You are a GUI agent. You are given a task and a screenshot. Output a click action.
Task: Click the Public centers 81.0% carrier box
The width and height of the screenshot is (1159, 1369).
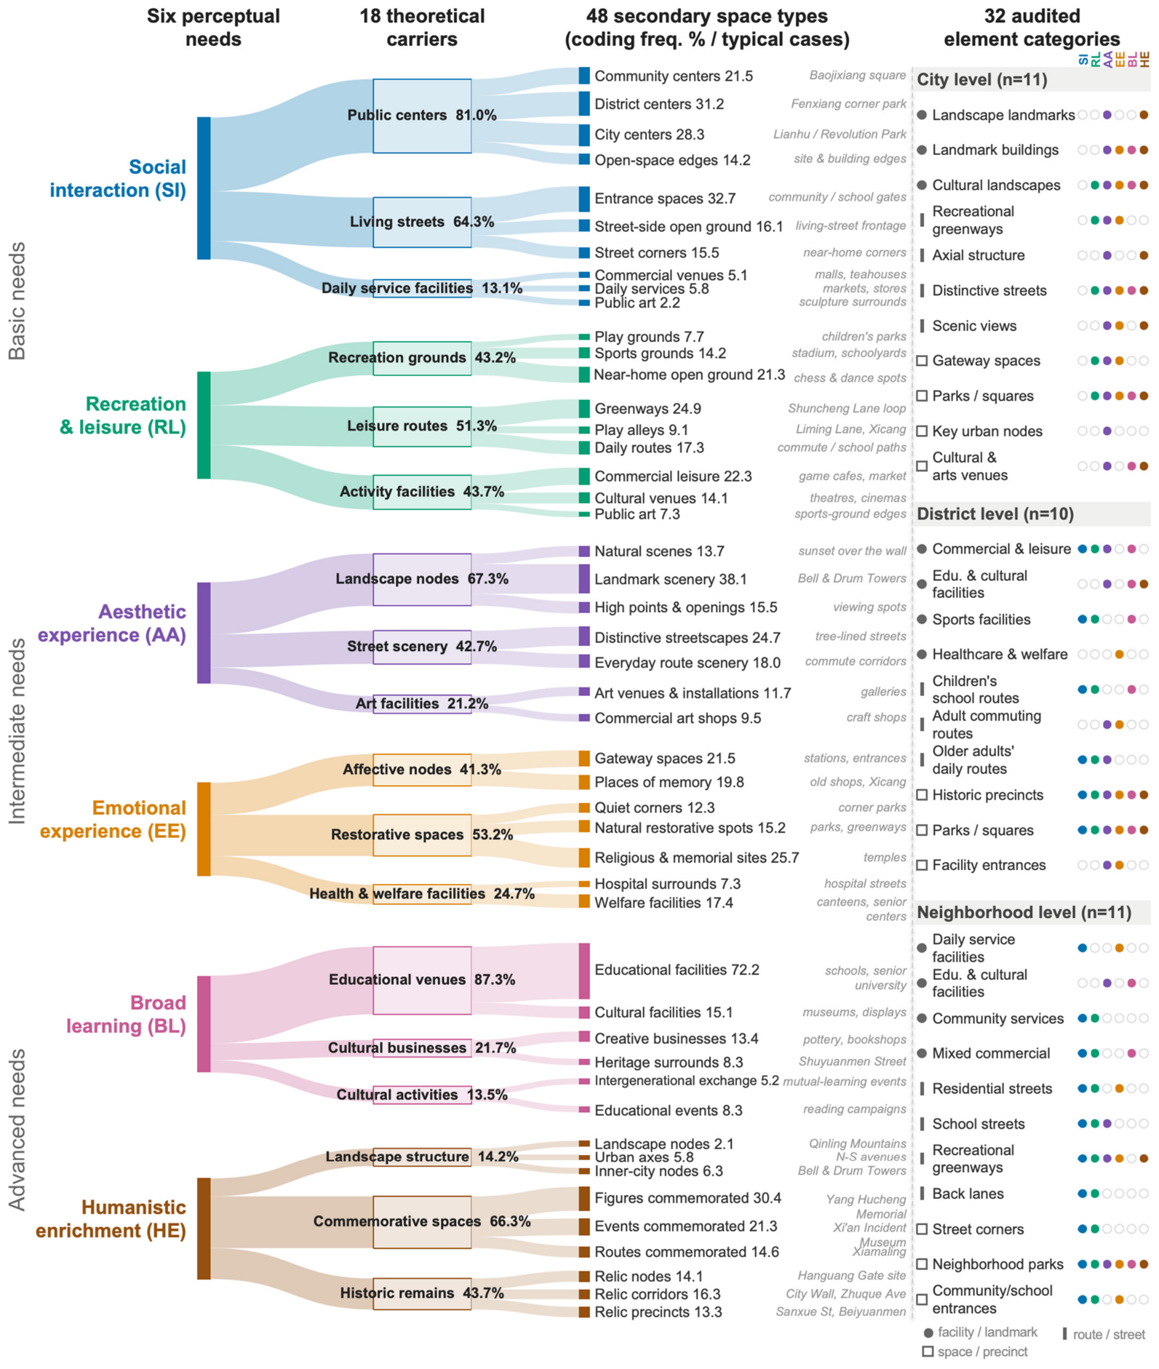[422, 116]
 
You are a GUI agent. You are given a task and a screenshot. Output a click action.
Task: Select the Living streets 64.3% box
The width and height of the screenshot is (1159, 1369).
[422, 222]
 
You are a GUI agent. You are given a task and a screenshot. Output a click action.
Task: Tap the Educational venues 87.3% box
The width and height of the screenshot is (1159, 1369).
[422, 980]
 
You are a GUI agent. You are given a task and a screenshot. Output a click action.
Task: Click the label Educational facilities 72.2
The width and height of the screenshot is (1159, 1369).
[677, 970]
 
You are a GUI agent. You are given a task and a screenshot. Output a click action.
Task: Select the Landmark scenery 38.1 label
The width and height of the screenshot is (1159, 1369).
[671, 579]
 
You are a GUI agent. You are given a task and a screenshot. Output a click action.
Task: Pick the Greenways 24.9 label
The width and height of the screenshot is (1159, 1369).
[648, 409]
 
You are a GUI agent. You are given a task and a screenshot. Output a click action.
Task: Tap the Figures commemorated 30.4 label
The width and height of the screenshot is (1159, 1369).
[688, 1197]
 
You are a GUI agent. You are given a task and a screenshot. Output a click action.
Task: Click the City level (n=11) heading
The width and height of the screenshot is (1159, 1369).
[982, 79]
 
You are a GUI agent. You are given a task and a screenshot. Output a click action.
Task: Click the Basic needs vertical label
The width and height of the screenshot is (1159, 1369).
[17, 301]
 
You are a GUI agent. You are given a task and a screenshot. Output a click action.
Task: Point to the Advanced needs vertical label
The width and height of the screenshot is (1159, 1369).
[17, 1130]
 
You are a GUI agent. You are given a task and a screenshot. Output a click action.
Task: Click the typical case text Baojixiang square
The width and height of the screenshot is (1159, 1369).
[857, 76]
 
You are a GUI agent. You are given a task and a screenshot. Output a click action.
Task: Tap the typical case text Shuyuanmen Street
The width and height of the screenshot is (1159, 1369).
[852, 1061]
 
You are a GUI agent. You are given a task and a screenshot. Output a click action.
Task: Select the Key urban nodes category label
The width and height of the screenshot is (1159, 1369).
[987, 431]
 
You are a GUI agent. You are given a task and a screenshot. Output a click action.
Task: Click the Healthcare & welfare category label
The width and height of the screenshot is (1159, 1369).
[1000, 654]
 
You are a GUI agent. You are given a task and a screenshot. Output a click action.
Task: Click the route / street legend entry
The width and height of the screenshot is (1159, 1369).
[1104, 1334]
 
